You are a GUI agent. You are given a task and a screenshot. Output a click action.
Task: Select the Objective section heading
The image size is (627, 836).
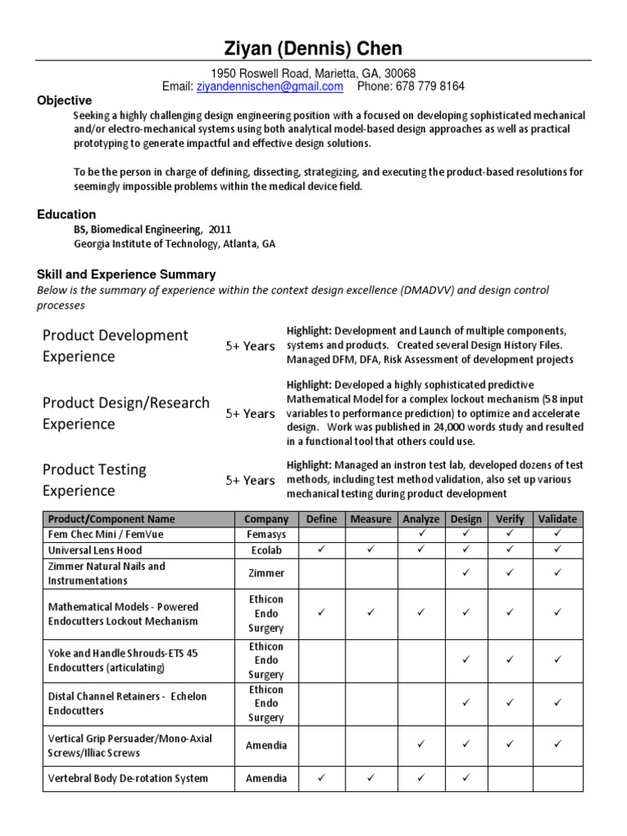(64, 100)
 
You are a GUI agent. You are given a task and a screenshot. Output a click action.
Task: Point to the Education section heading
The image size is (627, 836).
(66, 215)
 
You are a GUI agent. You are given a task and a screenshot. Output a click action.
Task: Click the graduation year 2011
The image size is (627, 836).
(220, 229)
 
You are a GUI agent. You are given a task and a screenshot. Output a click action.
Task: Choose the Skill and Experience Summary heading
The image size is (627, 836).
(127, 274)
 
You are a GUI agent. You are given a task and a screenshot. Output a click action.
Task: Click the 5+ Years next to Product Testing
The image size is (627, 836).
(250, 480)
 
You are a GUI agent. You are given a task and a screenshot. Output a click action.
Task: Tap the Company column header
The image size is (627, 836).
(266, 519)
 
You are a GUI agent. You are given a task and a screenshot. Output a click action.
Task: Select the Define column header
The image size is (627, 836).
(321, 519)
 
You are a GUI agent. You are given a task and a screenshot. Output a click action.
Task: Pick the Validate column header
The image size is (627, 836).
(558, 519)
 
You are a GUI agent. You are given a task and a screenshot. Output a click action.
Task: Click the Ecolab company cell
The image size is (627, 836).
(266, 550)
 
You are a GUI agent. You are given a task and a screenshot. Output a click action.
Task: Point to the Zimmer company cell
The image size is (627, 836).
(266, 574)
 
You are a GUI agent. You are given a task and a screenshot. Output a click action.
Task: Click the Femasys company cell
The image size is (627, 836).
(266, 534)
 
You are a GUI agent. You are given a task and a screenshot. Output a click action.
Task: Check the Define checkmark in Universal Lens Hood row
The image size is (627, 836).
(322, 549)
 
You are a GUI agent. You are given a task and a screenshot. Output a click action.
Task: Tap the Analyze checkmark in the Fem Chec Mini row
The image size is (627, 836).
(421, 534)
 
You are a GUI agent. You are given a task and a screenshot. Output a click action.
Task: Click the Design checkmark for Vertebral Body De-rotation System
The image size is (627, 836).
(466, 778)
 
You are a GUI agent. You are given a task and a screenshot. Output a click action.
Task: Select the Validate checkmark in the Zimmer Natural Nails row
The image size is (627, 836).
(558, 573)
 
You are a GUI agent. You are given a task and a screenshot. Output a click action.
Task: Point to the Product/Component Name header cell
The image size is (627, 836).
(112, 519)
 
